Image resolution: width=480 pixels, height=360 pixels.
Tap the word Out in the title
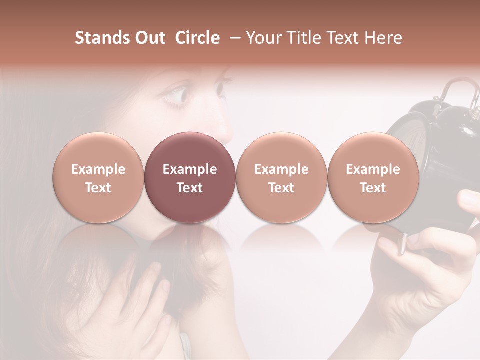(149, 38)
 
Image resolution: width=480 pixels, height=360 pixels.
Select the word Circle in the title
(197, 38)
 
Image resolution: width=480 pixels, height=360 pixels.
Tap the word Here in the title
(384, 38)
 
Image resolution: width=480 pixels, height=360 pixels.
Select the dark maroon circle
(190, 177)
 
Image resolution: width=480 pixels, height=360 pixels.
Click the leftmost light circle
(98, 177)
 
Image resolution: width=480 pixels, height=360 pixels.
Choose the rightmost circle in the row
(373, 177)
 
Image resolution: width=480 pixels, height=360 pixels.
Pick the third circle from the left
(281, 177)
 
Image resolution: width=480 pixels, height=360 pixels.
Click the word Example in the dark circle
(190, 169)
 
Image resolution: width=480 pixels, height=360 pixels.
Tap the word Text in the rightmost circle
(373, 188)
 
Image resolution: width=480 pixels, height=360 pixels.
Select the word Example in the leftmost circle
(98, 169)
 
